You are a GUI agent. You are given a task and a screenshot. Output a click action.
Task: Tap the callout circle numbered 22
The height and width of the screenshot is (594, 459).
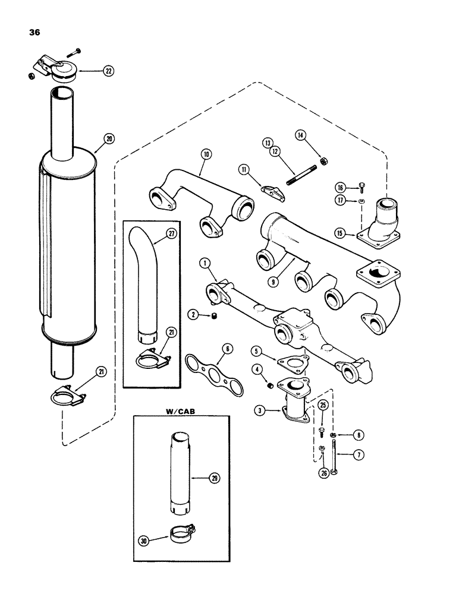pos(108,71)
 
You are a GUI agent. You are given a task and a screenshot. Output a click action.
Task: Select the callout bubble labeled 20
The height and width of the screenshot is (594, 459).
pos(108,139)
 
